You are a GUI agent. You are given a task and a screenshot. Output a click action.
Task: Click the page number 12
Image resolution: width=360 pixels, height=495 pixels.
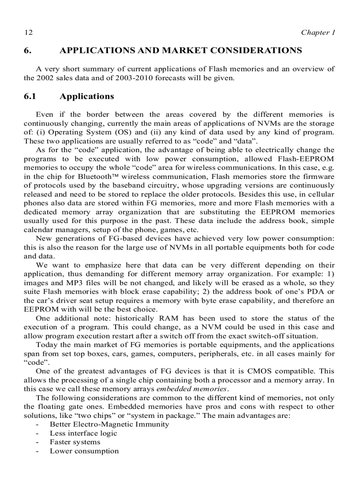[x=28, y=33]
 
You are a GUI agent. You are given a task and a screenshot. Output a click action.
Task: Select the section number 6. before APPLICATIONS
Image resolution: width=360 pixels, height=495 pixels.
[x=27, y=51]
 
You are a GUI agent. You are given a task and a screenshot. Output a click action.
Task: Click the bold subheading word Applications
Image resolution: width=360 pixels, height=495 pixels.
[x=86, y=97]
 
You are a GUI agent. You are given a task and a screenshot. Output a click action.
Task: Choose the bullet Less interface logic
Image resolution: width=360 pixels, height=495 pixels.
[x=83, y=433]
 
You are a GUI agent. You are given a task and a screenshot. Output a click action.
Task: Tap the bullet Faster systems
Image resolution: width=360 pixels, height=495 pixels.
[x=75, y=442]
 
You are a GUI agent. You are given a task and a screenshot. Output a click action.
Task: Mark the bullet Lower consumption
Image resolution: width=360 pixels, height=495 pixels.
[x=84, y=451]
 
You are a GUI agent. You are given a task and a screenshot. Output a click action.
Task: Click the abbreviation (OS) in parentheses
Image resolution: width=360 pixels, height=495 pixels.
[x=121, y=132]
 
